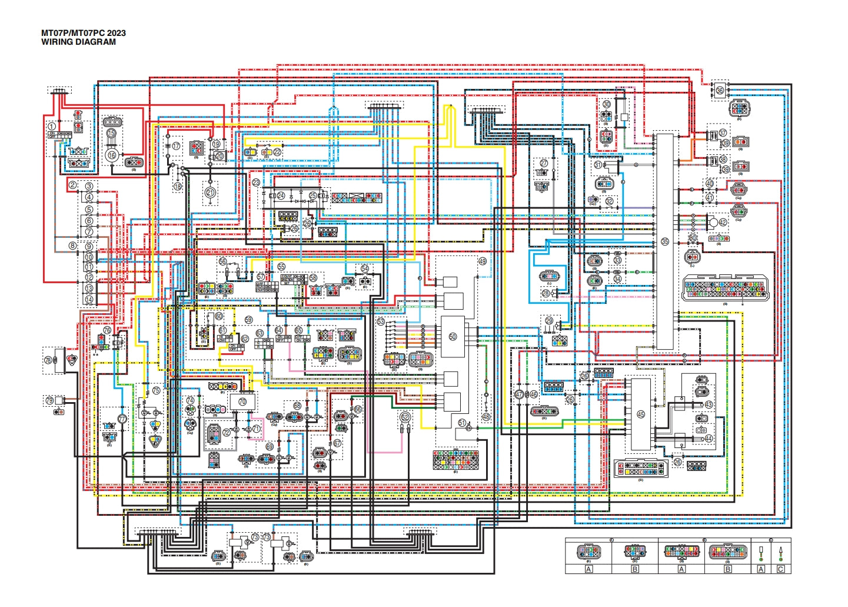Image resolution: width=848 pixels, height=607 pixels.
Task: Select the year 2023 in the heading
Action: (116, 33)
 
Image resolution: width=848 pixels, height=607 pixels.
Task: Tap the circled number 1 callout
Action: (52, 126)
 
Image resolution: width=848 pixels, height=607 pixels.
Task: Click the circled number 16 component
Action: (111, 155)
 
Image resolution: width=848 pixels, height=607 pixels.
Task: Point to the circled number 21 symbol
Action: (210, 193)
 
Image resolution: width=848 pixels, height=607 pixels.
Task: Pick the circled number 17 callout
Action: (176, 145)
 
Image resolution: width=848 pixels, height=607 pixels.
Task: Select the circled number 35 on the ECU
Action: (665, 241)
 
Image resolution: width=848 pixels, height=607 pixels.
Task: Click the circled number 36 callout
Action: (720, 91)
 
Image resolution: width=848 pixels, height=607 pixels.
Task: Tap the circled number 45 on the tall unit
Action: (641, 414)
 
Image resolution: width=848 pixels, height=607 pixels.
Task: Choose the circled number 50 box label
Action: (453, 337)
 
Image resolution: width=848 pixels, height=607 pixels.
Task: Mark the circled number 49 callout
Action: (483, 261)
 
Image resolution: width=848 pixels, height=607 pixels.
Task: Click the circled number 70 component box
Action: (242, 402)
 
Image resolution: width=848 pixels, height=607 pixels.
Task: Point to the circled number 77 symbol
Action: (122, 419)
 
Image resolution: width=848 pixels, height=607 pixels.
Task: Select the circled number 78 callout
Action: (48, 360)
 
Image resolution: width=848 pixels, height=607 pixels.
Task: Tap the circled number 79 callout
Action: (49, 400)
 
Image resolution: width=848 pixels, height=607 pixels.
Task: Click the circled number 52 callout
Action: (405, 417)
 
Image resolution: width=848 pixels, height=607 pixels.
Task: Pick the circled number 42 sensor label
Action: (723, 222)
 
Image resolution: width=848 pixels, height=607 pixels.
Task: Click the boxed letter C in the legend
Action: (780, 569)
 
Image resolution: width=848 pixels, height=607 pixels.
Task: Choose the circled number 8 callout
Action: (73, 246)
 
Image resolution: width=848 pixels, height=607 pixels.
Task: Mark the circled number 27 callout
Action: (543, 163)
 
